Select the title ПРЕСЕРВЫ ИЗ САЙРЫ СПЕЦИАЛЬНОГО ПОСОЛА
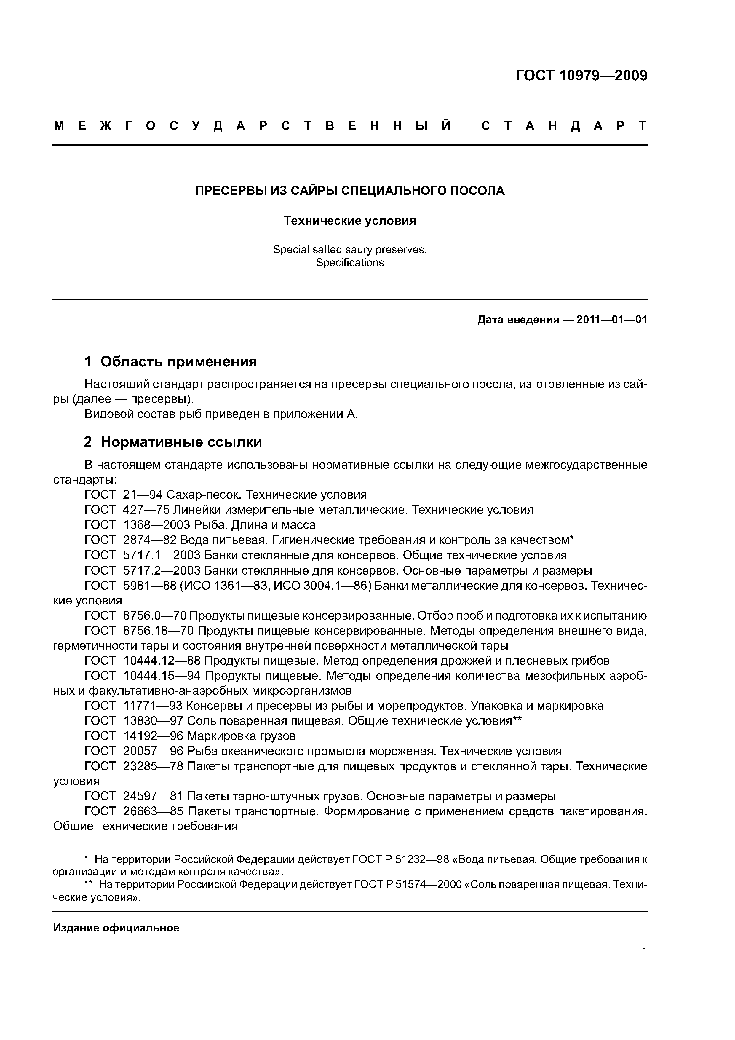click(x=350, y=191)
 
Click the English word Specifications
click(x=350, y=263)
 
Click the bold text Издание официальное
click(x=116, y=928)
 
